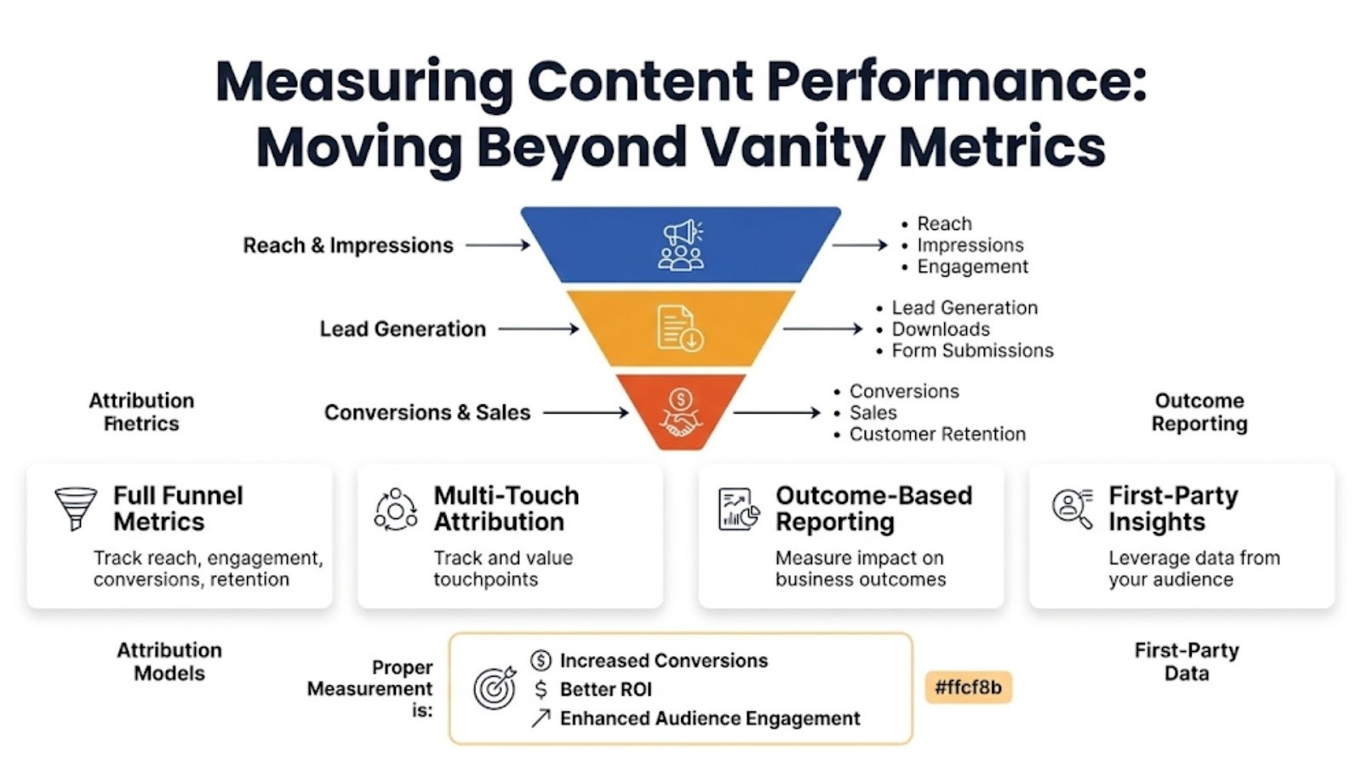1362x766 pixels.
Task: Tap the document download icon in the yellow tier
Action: click(x=680, y=329)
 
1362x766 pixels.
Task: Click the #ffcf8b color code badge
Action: click(x=968, y=687)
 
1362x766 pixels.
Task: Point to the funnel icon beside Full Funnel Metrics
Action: click(x=75, y=508)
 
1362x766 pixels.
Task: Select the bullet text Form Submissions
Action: click(x=972, y=351)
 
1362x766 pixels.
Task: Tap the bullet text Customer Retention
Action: click(x=937, y=434)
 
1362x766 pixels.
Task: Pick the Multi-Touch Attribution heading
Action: click(x=506, y=508)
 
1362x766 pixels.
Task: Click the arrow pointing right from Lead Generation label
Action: click(x=538, y=329)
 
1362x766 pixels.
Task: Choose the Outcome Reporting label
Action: click(x=1199, y=412)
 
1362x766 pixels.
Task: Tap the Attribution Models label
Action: click(x=169, y=661)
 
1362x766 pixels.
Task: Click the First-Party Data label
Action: click(x=1187, y=661)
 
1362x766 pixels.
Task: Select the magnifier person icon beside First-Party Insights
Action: click(x=1072, y=508)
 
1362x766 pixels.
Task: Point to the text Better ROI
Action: click(x=605, y=689)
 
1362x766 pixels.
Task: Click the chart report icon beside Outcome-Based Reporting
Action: click(x=738, y=508)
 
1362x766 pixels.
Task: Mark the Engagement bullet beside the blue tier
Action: click(x=972, y=267)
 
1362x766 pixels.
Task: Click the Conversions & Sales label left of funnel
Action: click(x=427, y=413)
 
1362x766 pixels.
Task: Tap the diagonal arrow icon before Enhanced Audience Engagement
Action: click(x=541, y=718)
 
